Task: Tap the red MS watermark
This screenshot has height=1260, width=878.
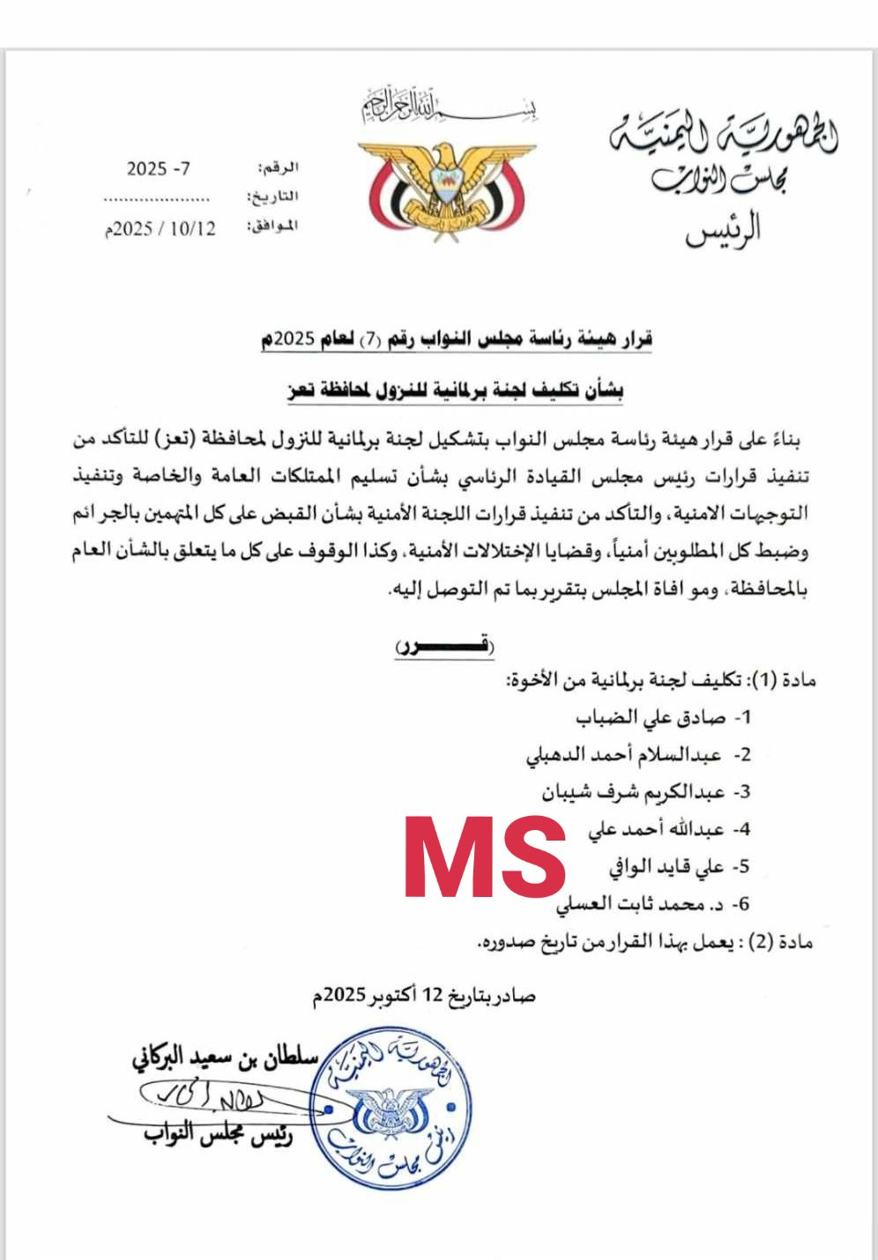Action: tap(484, 857)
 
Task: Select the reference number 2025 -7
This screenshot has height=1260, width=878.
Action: tap(159, 168)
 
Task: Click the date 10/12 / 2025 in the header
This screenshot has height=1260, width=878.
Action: tap(160, 228)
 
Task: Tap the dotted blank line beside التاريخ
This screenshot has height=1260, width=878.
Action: tap(157, 199)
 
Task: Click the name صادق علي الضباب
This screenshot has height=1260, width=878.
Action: tap(652, 717)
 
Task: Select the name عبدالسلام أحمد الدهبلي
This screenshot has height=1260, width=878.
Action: tap(627, 755)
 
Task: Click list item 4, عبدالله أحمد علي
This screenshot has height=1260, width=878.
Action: tap(657, 829)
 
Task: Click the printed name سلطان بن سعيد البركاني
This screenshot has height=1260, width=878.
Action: tap(224, 1058)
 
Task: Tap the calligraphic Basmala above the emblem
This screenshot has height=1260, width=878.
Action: tap(448, 107)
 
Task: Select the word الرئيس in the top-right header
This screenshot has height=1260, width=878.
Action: tap(723, 231)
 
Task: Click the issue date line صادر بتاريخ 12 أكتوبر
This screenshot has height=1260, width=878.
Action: tap(424, 996)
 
